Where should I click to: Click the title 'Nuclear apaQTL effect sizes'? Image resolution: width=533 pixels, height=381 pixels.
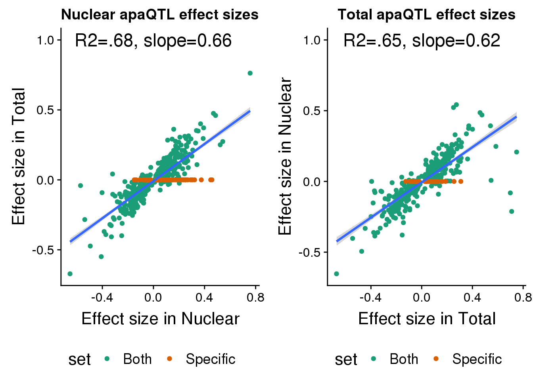160,15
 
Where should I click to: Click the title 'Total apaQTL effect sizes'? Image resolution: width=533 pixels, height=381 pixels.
426,15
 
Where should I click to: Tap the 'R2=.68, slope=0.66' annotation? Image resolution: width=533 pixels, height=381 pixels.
153,41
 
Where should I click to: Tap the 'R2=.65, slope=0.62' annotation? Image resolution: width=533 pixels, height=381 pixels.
422,41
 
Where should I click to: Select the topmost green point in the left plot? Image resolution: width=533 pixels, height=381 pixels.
250,73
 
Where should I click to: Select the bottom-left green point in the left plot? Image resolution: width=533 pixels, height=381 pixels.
70,274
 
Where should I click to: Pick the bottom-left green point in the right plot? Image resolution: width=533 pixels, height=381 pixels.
336,274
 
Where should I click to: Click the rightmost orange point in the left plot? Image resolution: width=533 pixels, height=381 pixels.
212,180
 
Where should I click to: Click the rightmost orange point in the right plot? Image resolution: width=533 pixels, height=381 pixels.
461,181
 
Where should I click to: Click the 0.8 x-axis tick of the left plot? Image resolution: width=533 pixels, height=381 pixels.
255,298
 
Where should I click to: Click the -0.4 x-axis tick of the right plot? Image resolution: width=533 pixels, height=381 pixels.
371,298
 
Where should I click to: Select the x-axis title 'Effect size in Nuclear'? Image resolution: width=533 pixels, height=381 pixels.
160,319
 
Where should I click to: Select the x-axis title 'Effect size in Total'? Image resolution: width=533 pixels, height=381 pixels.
427,319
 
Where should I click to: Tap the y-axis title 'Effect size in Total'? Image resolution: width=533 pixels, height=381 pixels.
19,156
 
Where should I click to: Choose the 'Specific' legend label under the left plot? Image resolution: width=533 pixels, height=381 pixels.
211,359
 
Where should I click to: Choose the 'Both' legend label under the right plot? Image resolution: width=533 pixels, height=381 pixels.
404,359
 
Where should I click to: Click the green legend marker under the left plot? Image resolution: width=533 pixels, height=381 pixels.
107,359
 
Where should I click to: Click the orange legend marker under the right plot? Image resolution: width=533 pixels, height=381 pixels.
436,359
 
